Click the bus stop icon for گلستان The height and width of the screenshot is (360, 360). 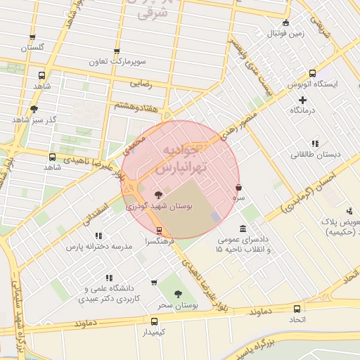click(32, 38)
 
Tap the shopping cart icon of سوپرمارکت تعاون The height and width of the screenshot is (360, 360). click(117, 51)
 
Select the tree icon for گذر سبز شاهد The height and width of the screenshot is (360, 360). click(33, 109)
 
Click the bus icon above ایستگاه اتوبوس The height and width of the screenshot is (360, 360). click(312, 73)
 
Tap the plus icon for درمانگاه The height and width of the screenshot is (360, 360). click(303, 100)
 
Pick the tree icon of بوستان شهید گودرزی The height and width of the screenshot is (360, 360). click(157, 195)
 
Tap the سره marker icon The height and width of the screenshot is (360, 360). click(239, 188)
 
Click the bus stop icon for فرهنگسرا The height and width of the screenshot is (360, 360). click(159, 230)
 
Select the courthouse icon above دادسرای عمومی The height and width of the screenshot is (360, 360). click(243, 229)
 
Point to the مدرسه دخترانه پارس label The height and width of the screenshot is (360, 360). click(99, 247)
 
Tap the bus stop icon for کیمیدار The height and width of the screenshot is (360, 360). click(153, 320)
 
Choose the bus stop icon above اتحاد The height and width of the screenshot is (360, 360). click(297, 308)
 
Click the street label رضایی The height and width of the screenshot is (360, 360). click(141, 83)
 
